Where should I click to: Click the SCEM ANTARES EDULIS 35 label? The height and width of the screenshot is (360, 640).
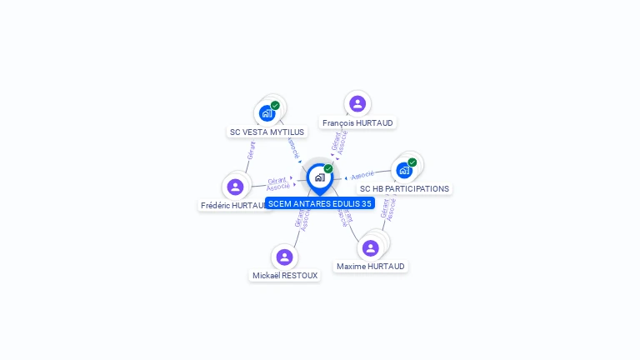point(320,203)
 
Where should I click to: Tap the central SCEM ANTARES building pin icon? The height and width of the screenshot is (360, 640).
point(319,177)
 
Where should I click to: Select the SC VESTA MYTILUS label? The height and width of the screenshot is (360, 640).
point(267,132)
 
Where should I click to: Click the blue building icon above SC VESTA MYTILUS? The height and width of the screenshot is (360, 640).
point(267,112)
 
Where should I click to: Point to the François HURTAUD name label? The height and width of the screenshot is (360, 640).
point(357,122)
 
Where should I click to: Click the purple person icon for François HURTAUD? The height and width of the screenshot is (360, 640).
point(357,103)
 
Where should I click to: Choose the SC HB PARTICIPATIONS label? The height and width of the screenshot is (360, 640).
point(404,188)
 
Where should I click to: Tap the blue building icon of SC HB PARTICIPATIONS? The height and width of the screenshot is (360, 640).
point(404,170)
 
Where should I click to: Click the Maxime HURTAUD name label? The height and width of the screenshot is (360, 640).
point(371,267)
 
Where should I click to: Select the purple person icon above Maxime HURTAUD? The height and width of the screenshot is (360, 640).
point(371,247)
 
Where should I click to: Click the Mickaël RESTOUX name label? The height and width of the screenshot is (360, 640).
point(285,275)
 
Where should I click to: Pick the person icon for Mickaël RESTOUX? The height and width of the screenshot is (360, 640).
point(285,257)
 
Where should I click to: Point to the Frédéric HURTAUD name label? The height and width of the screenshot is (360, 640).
point(232,205)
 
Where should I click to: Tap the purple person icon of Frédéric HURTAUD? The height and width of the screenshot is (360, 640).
point(236,187)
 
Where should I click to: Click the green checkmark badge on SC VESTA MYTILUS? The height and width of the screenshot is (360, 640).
point(275,106)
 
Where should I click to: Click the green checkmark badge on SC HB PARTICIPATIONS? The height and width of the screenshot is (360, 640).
point(412,162)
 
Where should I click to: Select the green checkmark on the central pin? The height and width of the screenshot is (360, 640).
point(328,169)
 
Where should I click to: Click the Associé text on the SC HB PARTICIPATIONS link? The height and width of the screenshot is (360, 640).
point(362,175)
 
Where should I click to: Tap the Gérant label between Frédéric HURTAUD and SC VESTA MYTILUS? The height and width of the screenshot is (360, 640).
point(252,151)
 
